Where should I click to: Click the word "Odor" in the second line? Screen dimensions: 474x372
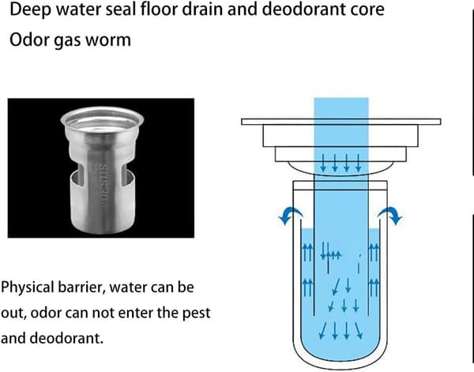click(x=28, y=39)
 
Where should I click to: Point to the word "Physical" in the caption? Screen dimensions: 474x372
click(x=27, y=287)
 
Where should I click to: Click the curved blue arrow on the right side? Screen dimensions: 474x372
click(x=390, y=215)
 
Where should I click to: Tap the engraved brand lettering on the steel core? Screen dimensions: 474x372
click(x=103, y=186)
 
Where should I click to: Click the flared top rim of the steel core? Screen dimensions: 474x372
click(x=102, y=118)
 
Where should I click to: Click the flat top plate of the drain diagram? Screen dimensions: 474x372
click(x=341, y=122)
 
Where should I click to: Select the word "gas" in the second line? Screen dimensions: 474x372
click(x=66, y=41)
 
